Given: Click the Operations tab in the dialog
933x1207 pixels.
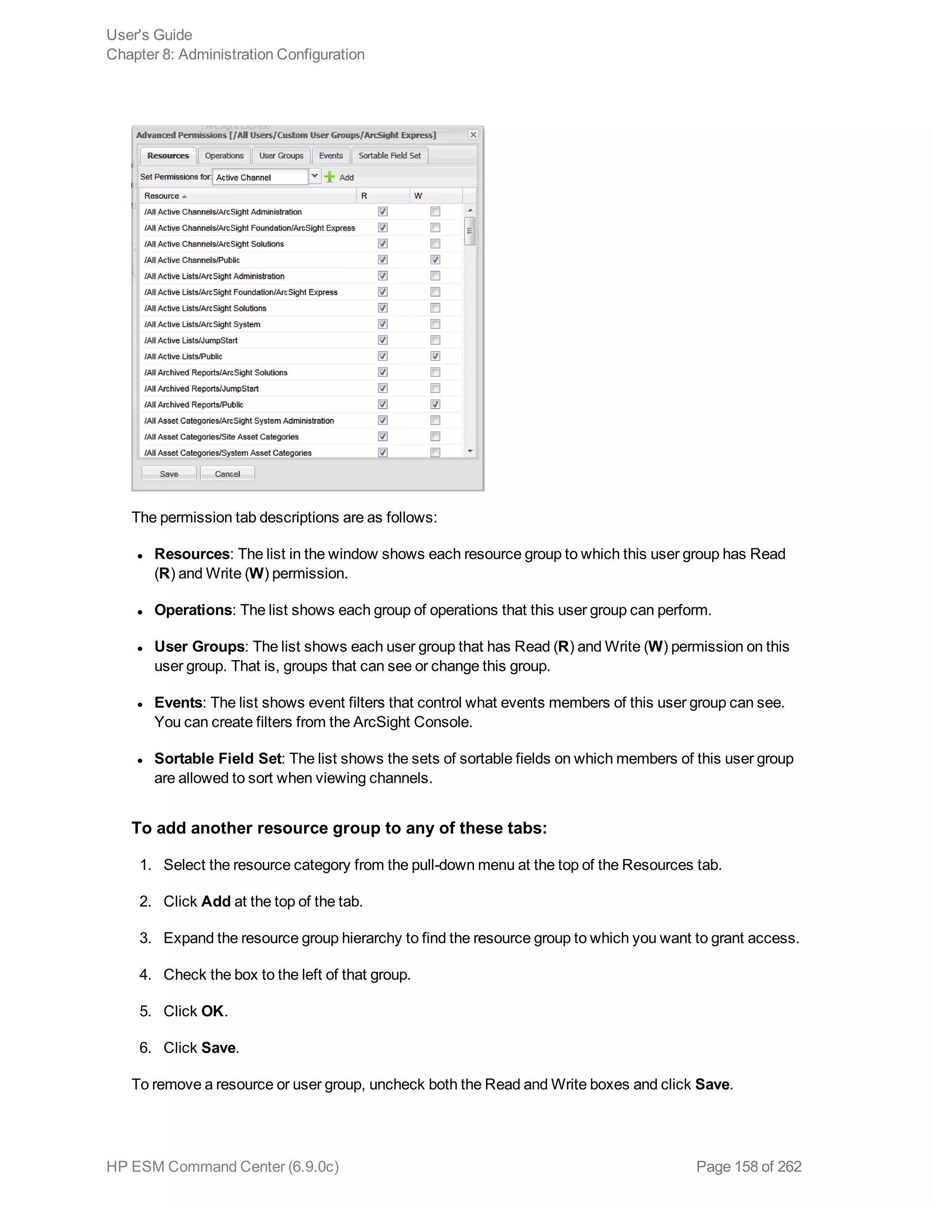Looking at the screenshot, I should [224, 156].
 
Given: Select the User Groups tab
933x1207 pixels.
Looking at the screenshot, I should [282, 156].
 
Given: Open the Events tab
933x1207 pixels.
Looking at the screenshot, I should [331, 156].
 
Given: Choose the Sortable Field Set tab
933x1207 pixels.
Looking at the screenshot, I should [390, 156].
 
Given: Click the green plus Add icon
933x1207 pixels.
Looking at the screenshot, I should [330, 177].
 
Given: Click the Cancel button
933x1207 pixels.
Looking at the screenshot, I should [227, 474].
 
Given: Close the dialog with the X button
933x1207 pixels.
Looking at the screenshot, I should [473, 135].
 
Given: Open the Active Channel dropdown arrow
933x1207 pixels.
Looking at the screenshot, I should [314, 176].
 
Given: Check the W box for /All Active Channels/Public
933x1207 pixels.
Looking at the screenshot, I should [436, 260].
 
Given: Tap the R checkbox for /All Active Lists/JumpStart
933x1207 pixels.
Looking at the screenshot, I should [383, 340].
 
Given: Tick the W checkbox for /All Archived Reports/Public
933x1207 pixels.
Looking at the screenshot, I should [436, 404].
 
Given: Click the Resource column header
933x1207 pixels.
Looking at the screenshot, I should [161, 196].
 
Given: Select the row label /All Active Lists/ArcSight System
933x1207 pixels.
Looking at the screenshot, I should [202, 324].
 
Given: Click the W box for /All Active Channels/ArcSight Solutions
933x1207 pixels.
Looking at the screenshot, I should [436, 244].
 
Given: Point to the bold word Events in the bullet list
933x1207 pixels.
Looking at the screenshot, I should [178, 702].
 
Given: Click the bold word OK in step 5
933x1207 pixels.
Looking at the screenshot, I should [212, 1011].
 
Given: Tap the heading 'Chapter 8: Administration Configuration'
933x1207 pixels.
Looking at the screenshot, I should [236, 55].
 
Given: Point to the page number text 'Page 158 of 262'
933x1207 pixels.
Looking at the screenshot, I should [748, 1166].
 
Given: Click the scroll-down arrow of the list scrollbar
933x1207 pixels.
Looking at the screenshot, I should [470, 451].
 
